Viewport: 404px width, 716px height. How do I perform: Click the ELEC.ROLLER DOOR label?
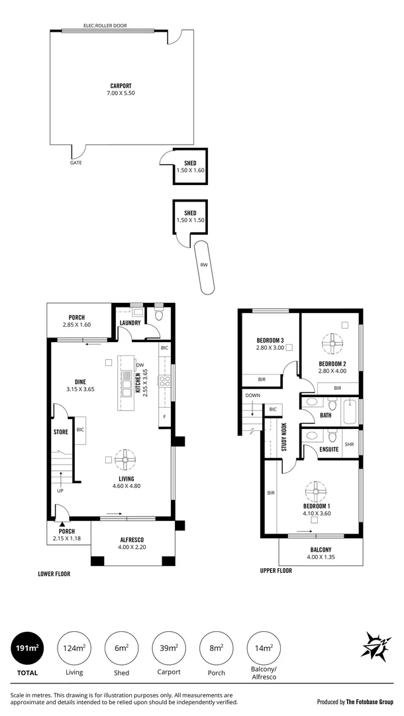(x=105, y=26)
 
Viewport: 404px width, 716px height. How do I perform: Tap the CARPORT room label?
(x=121, y=86)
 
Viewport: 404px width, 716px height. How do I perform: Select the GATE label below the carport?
(x=76, y=162)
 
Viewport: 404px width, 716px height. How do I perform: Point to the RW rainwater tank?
(x=205, y=267)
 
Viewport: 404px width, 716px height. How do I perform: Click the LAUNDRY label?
(x=130, y=323)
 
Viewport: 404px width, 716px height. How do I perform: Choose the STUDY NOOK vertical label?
(x=283, y=437)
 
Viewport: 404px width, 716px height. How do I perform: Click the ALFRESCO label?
(x=130, y=540)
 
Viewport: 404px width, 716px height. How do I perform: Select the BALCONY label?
(x=321, y=550)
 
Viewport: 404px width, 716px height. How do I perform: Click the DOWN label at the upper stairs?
(x=252, y=395)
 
